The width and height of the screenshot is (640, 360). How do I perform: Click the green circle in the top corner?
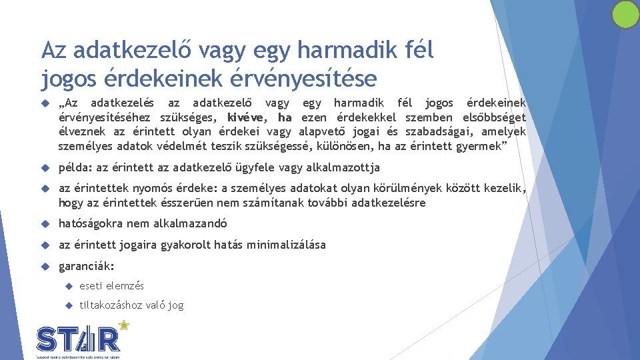point(625,15)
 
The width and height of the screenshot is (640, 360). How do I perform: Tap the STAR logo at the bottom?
point(78,339)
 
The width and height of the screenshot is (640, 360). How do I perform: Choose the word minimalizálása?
point(287,245)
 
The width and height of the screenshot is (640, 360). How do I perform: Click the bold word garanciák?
point(87,266)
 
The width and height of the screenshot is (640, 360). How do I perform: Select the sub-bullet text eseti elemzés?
point(111,286)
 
